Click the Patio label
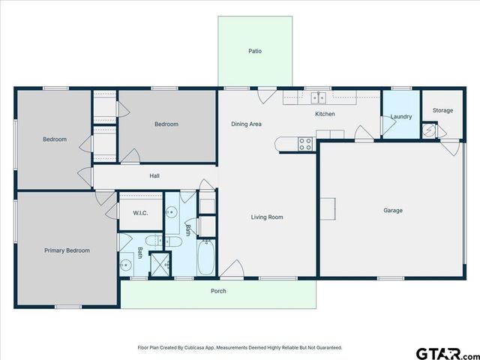click(x=255, y=51)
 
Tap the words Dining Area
click(x=246, y=124)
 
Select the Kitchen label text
click(x=325, y=114)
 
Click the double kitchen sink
click(x=319, y=97)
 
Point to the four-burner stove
click(x=306, y=143)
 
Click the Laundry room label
click(x=401, y=116)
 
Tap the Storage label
click(x=442, y=110)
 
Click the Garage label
click(x=393, y=211)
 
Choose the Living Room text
click(x=267, y=217)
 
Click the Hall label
click(x=154, y=176)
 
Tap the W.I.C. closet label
click(x=140, y=213)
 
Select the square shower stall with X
click(x=160, y=264)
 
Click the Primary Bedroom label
click(x=67, y=250)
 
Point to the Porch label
click(x=218, y=291)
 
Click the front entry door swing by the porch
click(x=233, y=268)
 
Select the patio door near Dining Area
click(x=265, y=96)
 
